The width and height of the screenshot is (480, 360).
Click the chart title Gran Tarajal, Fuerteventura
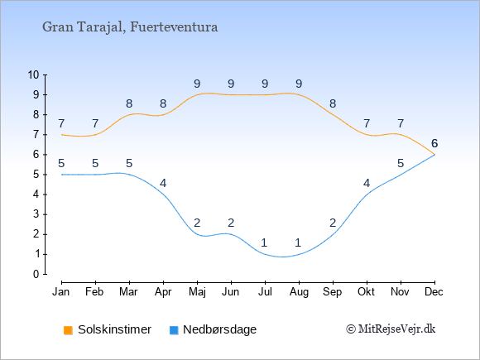(x=130, y=27)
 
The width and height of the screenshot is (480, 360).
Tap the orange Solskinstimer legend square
(x=68, y=330)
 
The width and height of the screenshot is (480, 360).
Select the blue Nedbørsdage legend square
(x=174, y=330)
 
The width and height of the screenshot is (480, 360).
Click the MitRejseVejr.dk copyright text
(x=391, y=329)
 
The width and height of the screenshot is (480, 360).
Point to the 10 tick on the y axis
(x=34, y=74)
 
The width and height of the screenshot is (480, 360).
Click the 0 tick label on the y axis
(x=36, y=274)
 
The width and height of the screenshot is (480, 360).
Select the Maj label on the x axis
(x=197, y=292)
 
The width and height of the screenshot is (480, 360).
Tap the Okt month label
(x=367, y=292)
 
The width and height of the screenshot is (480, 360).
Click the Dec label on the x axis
(x=434, y=292)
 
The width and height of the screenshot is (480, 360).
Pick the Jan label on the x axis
(x=61, y=292)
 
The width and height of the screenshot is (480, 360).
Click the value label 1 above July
(x=265, y=242)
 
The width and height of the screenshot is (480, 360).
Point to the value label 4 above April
(x=163, y=183)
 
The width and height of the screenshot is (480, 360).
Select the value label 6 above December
(x=434, y=143)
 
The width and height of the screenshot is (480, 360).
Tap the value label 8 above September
(x=333, y=103)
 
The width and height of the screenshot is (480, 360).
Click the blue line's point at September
(x=333, y=234)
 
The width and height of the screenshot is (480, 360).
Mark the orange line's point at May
(x=197, y=95)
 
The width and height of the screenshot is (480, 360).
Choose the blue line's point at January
(x=62, y=175)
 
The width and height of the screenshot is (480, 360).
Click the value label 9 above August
(x=299, y=84)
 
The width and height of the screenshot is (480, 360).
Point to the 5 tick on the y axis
(x=36, y=175)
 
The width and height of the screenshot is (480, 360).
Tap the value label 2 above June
(x=231, y=223)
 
